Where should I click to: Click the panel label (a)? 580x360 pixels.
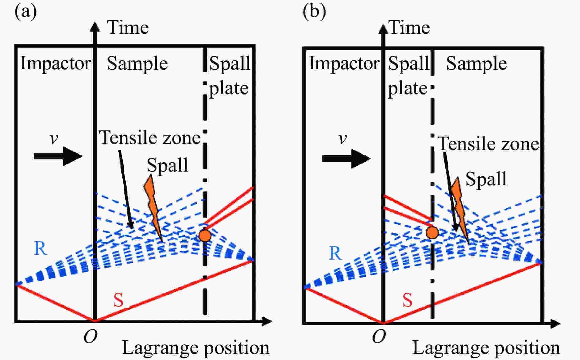tap(26, 12)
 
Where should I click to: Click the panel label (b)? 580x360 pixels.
tap(314, 12)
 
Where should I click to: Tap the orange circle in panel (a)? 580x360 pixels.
tap(205, 236)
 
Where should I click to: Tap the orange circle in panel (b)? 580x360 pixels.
tap(432, 233)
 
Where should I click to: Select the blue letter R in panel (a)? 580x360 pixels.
tap(41, 248)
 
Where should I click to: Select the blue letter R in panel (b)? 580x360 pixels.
tap(335, 253)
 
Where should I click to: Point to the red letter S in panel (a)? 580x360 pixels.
tap(118, 300)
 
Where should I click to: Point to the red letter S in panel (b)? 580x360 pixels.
tap(407, 300)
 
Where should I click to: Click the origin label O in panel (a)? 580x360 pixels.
tap(91, 337)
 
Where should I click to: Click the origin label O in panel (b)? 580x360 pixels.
tap(379, 337)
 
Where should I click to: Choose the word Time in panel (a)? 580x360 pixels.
tap(128, 28)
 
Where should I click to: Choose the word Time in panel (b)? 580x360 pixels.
tap(409, 28)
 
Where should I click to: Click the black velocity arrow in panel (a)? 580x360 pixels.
tap(58, 156)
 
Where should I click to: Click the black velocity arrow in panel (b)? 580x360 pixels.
tap(346, 158)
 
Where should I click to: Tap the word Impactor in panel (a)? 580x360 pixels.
tap(55, 63)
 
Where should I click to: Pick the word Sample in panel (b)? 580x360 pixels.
tap(476, 64)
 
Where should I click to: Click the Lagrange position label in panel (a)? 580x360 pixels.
tap(195, 348)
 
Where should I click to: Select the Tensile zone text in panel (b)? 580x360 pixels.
tap(488, 144)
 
